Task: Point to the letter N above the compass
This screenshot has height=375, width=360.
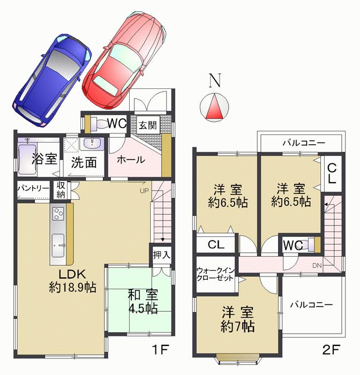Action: point(214,80)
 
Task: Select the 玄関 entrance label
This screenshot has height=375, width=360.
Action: point(148,125)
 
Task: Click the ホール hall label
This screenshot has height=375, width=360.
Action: point(129,160)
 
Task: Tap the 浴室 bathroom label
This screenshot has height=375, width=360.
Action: point(42,159)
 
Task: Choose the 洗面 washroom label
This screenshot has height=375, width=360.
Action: point(84,162)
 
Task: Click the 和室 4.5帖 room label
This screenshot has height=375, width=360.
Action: point(142,301)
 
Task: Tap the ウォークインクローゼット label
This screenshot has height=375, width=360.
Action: point(215,275)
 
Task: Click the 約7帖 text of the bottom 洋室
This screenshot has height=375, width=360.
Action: point(236,326)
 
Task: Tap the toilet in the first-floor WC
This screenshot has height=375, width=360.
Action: point(97,123)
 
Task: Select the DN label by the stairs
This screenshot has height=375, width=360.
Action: point(318,265)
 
